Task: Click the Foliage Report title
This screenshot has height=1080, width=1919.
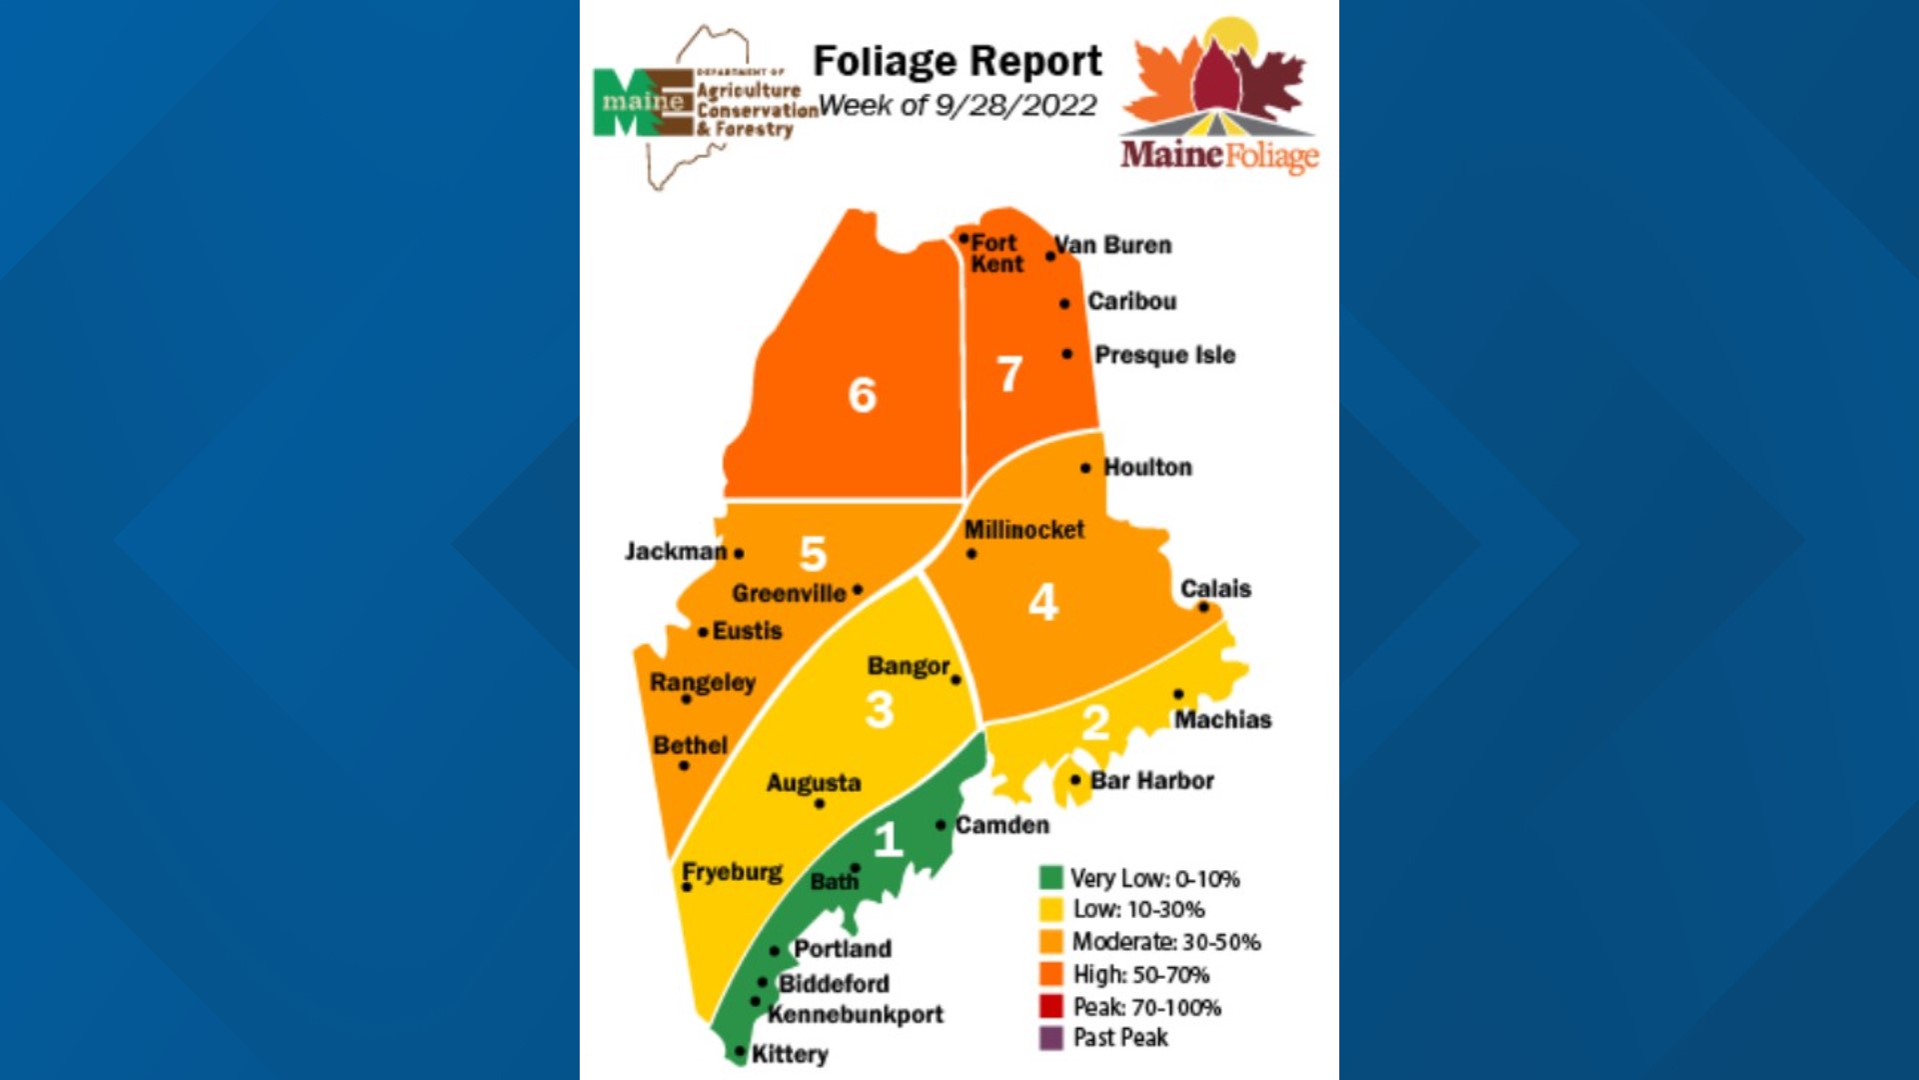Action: click(x=957, y=62)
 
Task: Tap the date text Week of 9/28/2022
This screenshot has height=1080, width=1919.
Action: click(x=957, y=106)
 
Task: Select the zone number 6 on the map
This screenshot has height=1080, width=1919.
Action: click(x=862, y=395)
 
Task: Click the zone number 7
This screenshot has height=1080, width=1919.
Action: click(x=1009, y=375)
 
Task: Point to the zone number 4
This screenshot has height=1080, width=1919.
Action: click(x=1042, y=602)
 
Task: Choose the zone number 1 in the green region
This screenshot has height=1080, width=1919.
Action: click(x=888, y=840)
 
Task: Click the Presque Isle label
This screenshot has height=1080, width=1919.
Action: click(x=1164, y=355)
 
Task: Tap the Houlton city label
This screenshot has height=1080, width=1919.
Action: click(x=1147, y=467)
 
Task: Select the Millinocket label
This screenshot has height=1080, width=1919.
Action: click(x=1023, y=530)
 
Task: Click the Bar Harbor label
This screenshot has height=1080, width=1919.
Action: click(x=1151, y=781)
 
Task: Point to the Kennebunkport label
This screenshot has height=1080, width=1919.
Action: click(x=856, y=1014)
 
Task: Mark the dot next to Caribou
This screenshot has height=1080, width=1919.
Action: click(x=1064, y=304)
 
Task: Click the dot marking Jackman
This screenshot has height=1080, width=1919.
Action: click(x=739, y=553)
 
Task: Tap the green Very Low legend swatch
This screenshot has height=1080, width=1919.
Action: click(x=1050, y=878)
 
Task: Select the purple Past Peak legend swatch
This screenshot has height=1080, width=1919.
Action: click(x=1050, y=1038)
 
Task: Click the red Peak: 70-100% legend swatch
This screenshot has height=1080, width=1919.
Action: click(x=1050, y=1006)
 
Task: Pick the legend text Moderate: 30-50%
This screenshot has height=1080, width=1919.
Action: click(x=1165, y=942)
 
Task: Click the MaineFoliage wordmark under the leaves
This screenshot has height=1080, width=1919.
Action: click(x=1219, y=156)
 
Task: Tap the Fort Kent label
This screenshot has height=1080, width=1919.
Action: click(x=996, y=253)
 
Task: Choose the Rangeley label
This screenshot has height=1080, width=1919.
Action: click(x=703, y=683)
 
